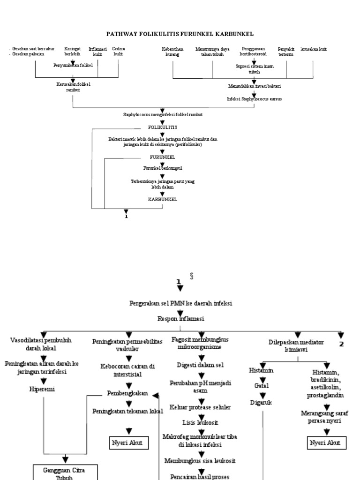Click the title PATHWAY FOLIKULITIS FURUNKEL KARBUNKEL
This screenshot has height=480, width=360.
click(180, 34)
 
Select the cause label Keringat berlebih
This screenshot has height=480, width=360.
click(73, 52)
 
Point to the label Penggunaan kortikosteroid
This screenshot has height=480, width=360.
click(253, 52)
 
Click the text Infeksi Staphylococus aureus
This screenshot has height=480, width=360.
click(254, 99)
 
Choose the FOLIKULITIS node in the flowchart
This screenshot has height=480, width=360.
click(162, 127)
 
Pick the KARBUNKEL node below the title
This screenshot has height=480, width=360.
click(162, 199)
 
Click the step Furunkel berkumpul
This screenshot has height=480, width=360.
click(162, 167)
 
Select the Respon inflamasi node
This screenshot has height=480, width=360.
click(180, 318)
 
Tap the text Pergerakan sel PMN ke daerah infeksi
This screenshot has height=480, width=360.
click(180, 303)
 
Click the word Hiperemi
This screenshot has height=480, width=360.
click(43, 389)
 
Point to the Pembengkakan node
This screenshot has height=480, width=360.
click(127, 394)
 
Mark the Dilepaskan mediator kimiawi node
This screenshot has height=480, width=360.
click(297, 346)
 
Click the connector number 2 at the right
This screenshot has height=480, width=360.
click(341, 344)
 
